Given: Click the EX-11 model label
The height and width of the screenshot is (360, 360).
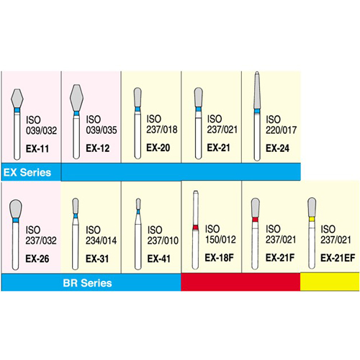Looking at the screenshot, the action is (x=37, y=149).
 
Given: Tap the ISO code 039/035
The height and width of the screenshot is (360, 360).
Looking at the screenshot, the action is (x=102, y=130).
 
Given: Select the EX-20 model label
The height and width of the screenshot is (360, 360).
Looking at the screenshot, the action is (x=158, y=148).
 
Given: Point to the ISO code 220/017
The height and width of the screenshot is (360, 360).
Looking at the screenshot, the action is (x=281, y=130).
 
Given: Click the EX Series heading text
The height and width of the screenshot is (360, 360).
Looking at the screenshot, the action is (x=27, y=172).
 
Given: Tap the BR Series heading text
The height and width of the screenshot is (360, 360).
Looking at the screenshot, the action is (x=87, y=283).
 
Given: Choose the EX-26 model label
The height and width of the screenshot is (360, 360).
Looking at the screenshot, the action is (x=37, y=258).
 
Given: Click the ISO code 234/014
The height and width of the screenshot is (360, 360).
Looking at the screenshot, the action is (x=101, y=240).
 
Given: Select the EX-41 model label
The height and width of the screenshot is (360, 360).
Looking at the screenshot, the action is (x=159, y=258).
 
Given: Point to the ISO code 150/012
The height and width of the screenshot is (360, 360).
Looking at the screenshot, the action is (x=220, y=240).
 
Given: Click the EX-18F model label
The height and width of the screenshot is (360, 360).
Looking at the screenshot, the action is (x=219, y=258).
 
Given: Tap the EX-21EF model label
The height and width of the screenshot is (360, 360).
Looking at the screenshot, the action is (x=338, y=258).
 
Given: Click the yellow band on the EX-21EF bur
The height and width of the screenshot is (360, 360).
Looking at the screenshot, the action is (x=312, y=219).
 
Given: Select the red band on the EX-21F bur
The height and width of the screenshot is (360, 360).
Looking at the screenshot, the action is (x=255, y=220).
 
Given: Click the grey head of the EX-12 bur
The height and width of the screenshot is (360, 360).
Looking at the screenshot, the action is (x=76, y=98).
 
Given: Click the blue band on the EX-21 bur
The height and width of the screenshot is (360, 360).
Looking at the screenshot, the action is (x=198, y=109).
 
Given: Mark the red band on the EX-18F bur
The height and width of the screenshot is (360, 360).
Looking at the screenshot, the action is (x=196, y=228).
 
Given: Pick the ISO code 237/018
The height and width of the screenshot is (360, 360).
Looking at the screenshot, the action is (x=162, y=130).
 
